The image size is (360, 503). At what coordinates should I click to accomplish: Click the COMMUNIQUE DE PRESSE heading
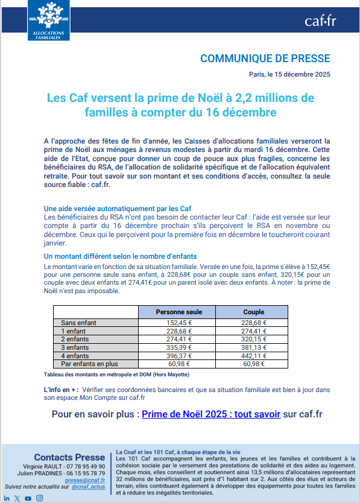point(265,59)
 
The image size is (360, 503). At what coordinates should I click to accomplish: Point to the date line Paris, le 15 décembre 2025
point(289,74)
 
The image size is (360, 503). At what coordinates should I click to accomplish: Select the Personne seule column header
point(178,312)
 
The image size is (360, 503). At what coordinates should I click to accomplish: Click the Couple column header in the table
point(253,312)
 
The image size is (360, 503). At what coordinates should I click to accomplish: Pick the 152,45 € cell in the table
point(178,323)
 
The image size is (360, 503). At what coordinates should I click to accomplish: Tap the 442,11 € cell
point(254,356)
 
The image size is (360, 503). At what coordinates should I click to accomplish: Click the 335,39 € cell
point(178,347)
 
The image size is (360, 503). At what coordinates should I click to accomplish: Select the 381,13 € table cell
point(254,347)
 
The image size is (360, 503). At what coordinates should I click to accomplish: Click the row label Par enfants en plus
point(90,364)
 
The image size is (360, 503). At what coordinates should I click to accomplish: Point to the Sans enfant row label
point(79,323)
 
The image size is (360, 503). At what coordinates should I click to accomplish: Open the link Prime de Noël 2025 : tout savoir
point(211,414)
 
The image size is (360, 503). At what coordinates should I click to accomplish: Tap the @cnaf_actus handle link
point(89,487)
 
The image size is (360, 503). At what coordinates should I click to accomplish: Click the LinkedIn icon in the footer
point(7,498)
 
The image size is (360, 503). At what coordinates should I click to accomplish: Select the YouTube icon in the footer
point(28,498)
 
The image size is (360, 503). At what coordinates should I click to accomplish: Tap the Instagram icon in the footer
point(39,498)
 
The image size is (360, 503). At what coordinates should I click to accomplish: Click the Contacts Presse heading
point(69,457)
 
